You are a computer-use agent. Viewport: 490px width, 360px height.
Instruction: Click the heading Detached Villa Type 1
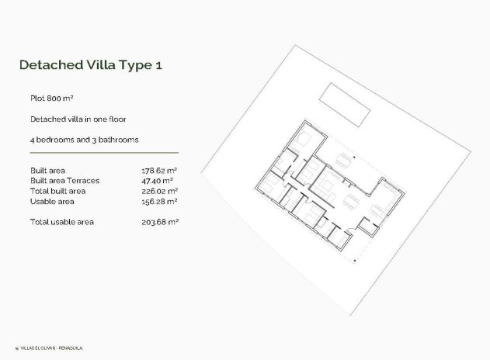coord(90,64)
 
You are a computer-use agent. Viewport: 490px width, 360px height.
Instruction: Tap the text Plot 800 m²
coord(51,99)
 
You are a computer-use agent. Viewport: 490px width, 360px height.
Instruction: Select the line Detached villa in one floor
coord(78,119)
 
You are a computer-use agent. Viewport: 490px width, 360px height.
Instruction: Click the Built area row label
coord(47,170)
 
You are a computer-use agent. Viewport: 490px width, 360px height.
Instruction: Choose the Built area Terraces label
coord(64,180)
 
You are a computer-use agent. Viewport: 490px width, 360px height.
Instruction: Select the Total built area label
coord(57,191)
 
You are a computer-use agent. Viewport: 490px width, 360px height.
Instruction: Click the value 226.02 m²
coord(160,191)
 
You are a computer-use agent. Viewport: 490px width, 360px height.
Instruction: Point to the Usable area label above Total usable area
coord(51,201)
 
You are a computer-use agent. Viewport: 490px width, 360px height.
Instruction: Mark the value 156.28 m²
coord(160,201)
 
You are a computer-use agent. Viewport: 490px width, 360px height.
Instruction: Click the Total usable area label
coord(61,222)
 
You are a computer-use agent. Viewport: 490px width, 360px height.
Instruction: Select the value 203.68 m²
coord(160,222)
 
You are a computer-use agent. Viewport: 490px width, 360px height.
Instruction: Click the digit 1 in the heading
coord(158,64)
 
